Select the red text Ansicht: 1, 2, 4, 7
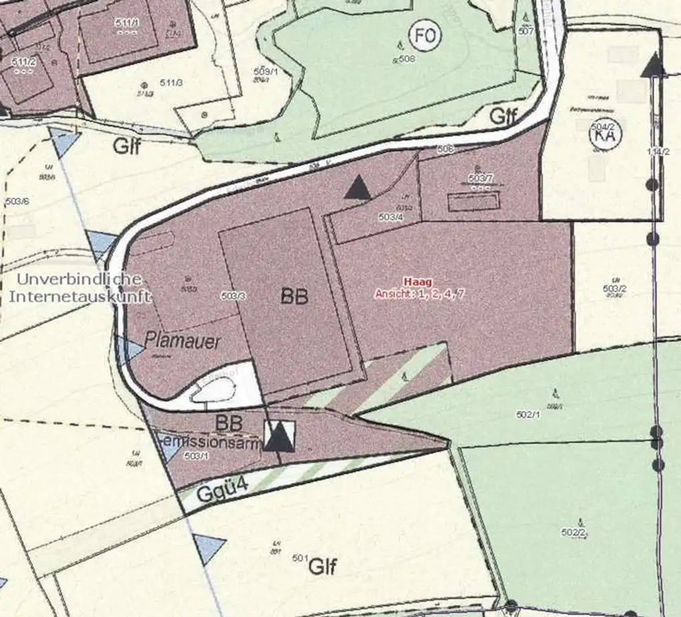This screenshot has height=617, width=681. (419, 294)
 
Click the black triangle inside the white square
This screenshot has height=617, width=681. (279, 436)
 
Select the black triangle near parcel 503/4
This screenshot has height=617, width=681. (358, 188)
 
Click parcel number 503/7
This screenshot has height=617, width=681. (480, 178)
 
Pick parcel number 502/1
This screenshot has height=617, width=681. (529, 415)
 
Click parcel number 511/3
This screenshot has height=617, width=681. (171, 83)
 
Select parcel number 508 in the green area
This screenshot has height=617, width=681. (407, 59)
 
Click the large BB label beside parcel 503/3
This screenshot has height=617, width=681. (294, 297)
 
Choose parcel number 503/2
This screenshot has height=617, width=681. (614, 288)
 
